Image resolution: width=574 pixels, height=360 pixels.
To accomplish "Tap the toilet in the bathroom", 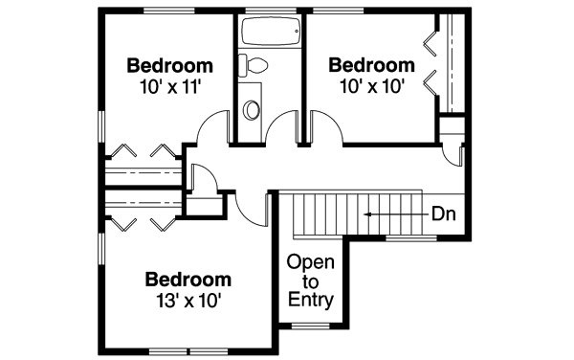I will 254,67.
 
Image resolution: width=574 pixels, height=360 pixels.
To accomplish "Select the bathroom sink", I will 253,109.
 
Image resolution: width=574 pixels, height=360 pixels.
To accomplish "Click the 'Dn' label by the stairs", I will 442,214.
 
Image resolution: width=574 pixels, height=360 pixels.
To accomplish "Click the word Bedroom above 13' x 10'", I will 188,280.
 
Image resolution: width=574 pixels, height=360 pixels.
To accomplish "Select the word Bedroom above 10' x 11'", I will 169,66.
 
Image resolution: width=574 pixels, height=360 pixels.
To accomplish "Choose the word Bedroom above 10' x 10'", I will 372,65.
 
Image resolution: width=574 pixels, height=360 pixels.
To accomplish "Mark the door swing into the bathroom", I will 283,128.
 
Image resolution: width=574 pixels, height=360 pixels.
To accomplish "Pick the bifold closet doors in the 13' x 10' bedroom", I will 143,221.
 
